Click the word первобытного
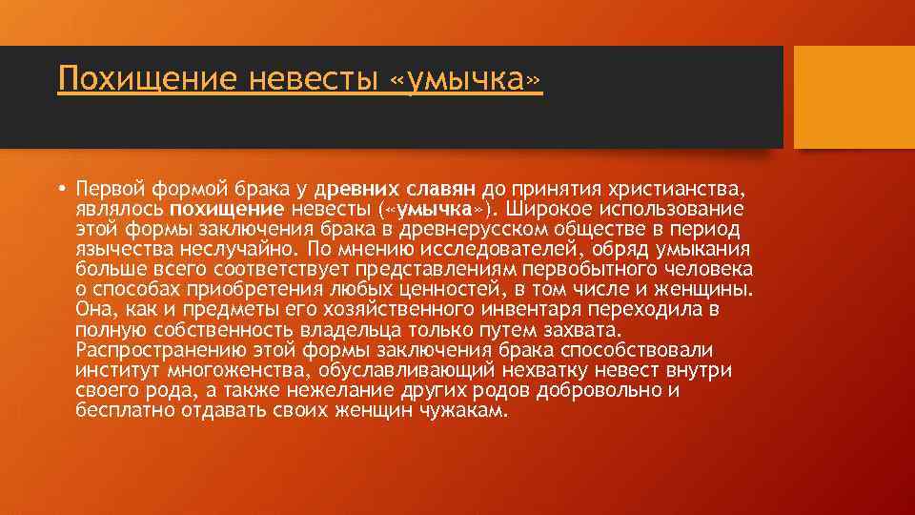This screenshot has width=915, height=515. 588,269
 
